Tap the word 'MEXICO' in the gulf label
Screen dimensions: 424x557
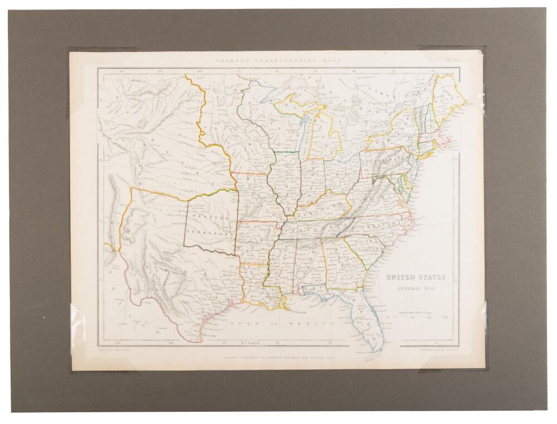[315, 322]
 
